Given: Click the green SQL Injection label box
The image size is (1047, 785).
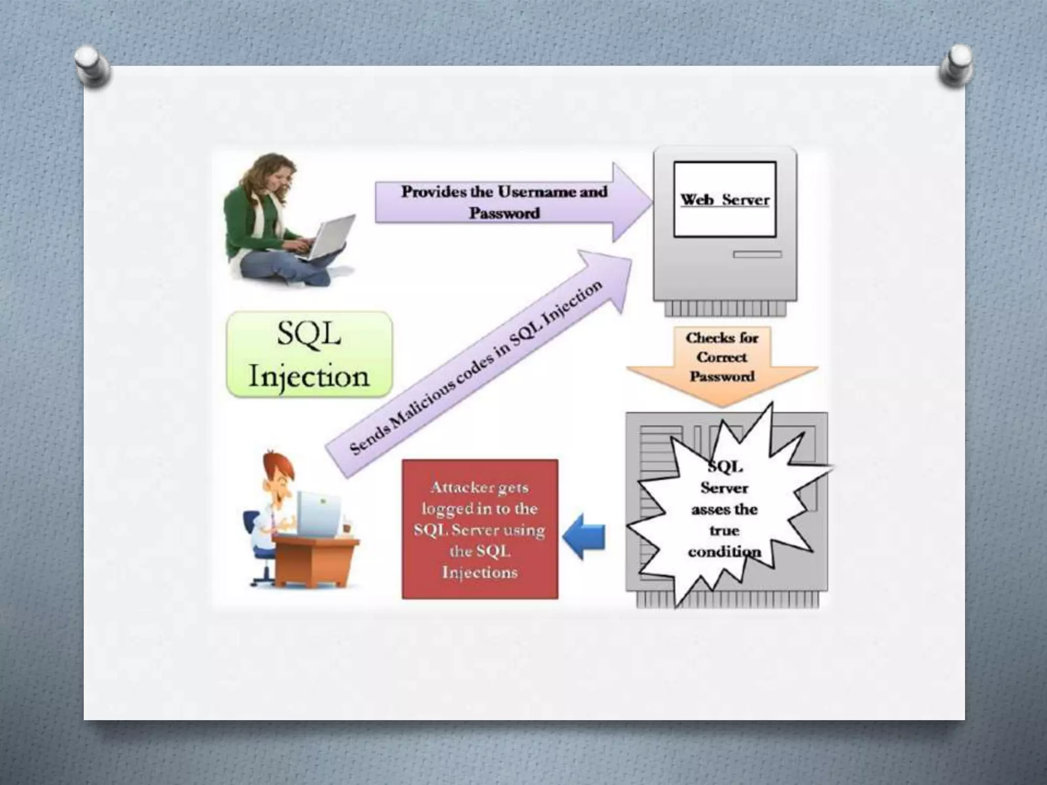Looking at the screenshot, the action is pyautogui.click(x=309, y=355).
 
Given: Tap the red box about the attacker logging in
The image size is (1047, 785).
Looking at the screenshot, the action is pyautogui.click(x=480, y=529).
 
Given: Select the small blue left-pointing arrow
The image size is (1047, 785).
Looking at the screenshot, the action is pyautogui.click(x=584, y=537).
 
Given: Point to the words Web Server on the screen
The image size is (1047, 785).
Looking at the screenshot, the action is pyautogui.click(x=724, y=200).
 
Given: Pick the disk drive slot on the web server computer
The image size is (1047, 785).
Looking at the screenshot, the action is pyautogui.click(x=757, y=255).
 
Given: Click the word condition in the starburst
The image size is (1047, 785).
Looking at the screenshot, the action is pyautogui.click(x=724, y=552).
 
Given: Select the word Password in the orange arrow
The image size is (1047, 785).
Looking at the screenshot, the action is pyautogui.click(x=721, y=377).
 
